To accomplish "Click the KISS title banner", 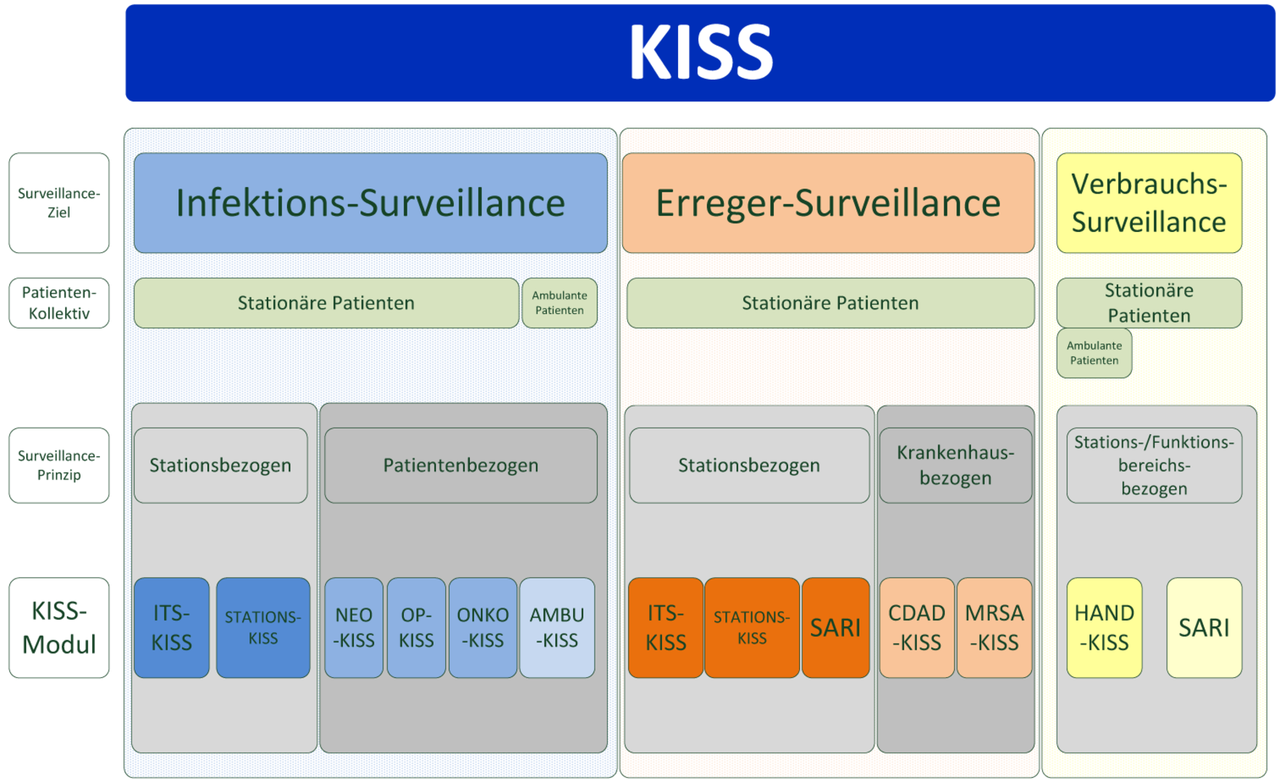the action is click(700, 53).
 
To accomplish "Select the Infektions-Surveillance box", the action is click(371, 203).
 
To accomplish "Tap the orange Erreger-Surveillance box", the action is click(828, 203).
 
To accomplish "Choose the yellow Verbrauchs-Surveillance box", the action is click(1149, 203).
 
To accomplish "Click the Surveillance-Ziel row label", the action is click(59, 203).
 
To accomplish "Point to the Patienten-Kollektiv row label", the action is click(59, 303).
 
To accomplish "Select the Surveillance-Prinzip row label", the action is click(59, 465).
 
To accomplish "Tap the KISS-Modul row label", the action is click(59, 628).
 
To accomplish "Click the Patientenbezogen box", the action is click(461, 465).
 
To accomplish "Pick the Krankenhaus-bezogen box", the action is click(956, 465).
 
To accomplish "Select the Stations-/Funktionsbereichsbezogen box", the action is click(1155, 465).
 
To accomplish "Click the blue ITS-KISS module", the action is click(172, 628).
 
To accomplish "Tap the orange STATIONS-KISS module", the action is click(752, 628).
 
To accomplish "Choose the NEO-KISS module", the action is click(354, 628).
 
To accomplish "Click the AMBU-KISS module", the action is click(557, 628).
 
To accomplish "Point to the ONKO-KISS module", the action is click(483, 628).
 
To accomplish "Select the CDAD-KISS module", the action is click(917, 628).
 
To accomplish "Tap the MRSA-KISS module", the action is click(994, 628).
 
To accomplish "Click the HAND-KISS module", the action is click(1104, 628).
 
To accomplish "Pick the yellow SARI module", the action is click(1205, 628).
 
